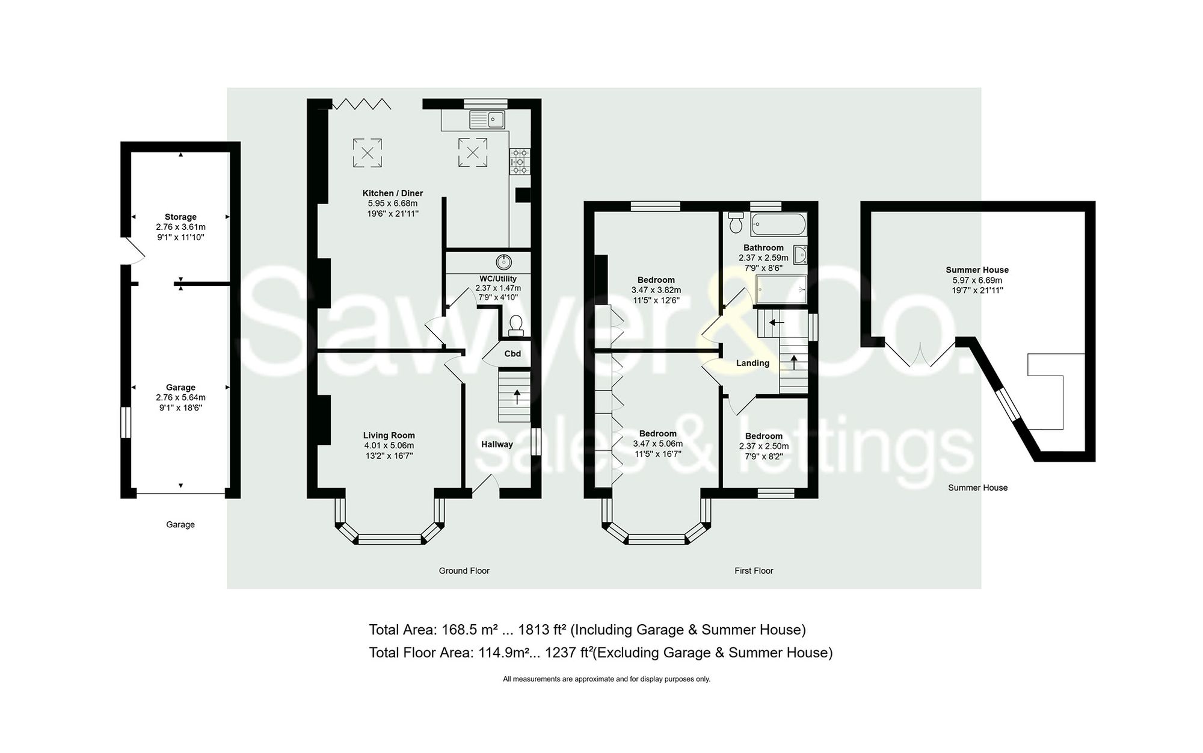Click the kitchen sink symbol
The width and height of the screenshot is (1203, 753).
(487, 120)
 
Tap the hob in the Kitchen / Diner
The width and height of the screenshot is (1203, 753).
(520, 161)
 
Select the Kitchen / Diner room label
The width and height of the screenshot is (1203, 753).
(392, 193)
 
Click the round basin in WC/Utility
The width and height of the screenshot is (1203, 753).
(504, 262)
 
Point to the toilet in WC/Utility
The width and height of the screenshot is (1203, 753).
(515, 326)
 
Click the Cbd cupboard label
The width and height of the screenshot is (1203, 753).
(512, 354)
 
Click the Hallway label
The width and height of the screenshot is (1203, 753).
(497, 445)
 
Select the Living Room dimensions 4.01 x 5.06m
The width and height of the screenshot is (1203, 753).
(389, 446)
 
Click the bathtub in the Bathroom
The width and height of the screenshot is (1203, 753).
(778, 225)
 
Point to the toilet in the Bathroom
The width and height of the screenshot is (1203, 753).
(736, 223)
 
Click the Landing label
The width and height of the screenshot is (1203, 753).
(752, 363)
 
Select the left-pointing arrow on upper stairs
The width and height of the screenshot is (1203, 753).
(777, 323)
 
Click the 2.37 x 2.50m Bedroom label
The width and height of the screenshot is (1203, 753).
(764, 436)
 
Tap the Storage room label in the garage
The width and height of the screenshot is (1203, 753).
(180, 217)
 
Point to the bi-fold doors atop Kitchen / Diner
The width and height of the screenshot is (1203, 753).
(362, 105)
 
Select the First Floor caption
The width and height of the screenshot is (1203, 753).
(754, 571)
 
